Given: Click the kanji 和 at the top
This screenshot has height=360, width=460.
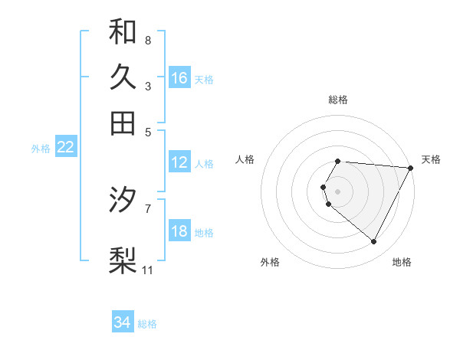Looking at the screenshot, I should (123, 31).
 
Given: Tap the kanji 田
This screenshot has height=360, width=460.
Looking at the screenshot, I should (123, 123).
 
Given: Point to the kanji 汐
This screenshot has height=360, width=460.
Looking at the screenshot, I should (123, 200).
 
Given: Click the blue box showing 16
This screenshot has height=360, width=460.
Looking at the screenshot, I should (179, 78).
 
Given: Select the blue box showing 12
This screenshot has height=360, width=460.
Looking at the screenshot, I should (179, 162).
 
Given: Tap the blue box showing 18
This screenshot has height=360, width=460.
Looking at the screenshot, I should (179, 231).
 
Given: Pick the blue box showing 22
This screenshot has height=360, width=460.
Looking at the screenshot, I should (65, 148).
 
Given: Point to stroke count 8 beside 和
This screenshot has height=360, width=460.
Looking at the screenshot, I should (147, 39).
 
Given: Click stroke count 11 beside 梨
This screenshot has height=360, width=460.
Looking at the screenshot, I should (147, 270).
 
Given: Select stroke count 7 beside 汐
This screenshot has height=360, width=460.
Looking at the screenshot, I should (147, 208).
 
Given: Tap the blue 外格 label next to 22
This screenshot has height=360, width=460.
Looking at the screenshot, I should (41, 149).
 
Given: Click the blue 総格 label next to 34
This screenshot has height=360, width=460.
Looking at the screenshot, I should (147, 324).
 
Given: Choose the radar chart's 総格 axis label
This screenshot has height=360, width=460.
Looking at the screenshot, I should (338, 100).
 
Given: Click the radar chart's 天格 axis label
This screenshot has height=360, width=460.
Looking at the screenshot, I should (431, 159).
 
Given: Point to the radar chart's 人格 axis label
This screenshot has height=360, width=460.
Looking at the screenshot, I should (245, 159).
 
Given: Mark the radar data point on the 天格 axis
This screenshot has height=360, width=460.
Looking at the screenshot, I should (411, 167).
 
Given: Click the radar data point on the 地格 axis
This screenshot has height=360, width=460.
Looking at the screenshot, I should (374, 242).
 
